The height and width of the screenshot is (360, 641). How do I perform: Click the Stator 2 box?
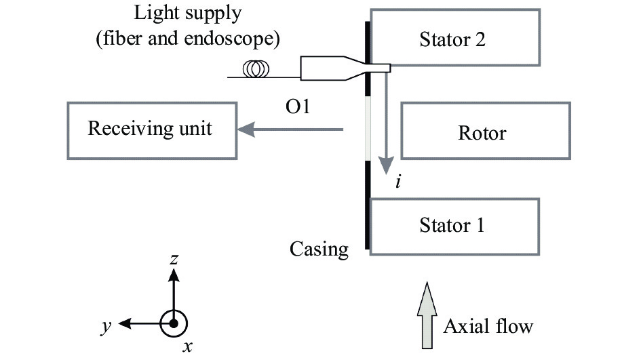(x=455, y=37)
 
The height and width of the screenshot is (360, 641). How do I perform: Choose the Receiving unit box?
(x=151, y=130)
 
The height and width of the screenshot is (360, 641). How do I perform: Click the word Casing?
(x=319, y=249)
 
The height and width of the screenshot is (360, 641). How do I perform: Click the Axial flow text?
(x=488, y=326)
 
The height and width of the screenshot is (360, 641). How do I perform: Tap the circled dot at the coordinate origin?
(x=174, y=323)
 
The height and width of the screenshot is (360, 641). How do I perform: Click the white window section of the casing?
(x=368, y=129)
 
